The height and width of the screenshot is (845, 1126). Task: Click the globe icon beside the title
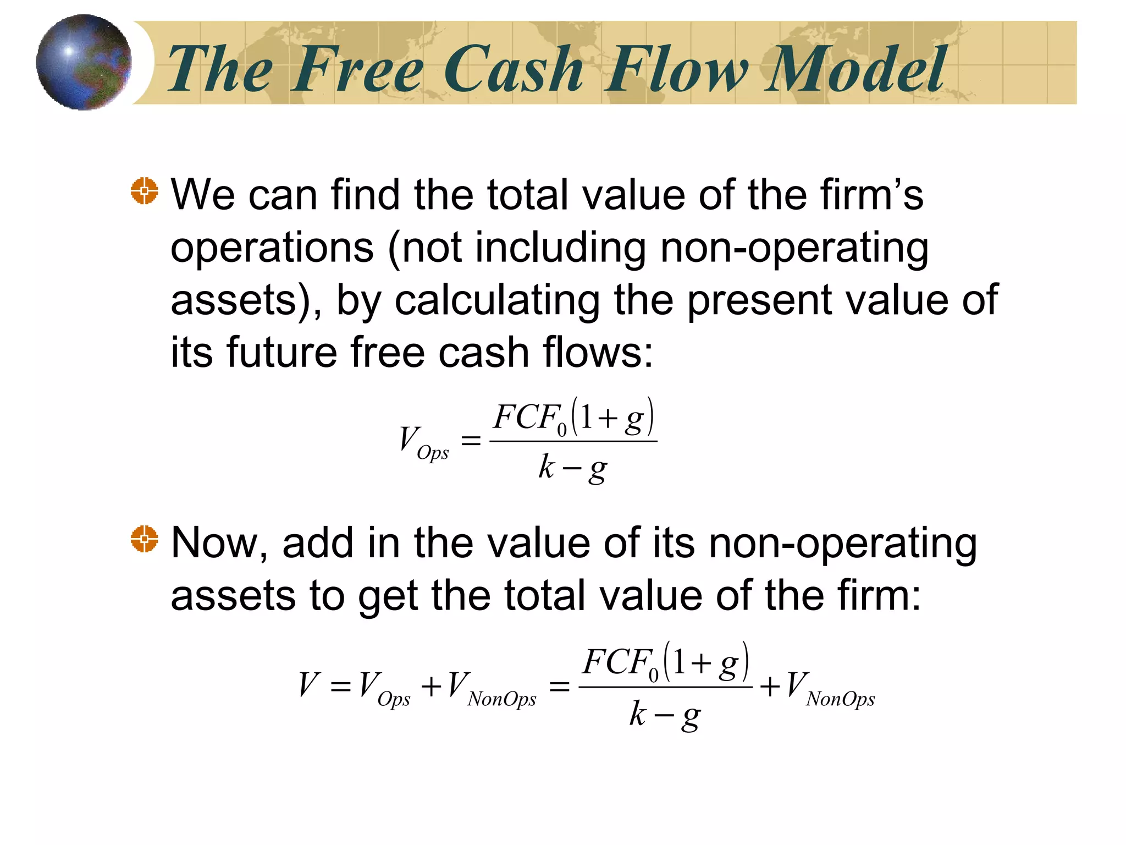pyautogui.click(x=84, y=62)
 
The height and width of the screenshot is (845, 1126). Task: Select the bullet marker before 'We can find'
pyautogui.click(x=145, y=191)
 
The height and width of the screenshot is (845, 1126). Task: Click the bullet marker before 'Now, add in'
pyautogui.click(x=145, y=539)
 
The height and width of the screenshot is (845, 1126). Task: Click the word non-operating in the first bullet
pyautogui.click(x=794, y=249)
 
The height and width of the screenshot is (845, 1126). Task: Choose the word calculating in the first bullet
pyautogui.click(x=497, y=301)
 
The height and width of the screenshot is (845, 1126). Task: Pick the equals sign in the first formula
pyautogui.click(x=471, y=440)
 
